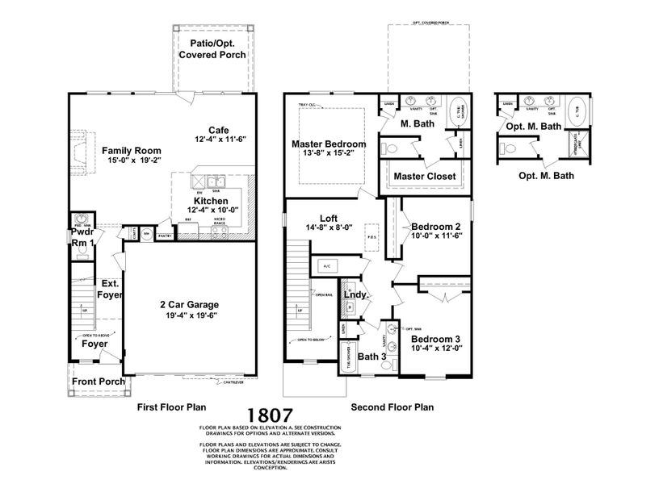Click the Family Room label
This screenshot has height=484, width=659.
coord(131,150)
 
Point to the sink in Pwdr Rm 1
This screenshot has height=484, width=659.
coord(80,219)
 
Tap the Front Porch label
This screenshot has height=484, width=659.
coord(99,382)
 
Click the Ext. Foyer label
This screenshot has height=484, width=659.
coord(111,290)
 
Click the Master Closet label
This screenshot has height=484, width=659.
coord(424,176)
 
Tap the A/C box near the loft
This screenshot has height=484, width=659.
coord(327,265)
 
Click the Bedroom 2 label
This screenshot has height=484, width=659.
coord(435,227)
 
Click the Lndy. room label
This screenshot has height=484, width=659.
coord(356,295)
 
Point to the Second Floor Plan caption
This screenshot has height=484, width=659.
coord(392,407)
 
